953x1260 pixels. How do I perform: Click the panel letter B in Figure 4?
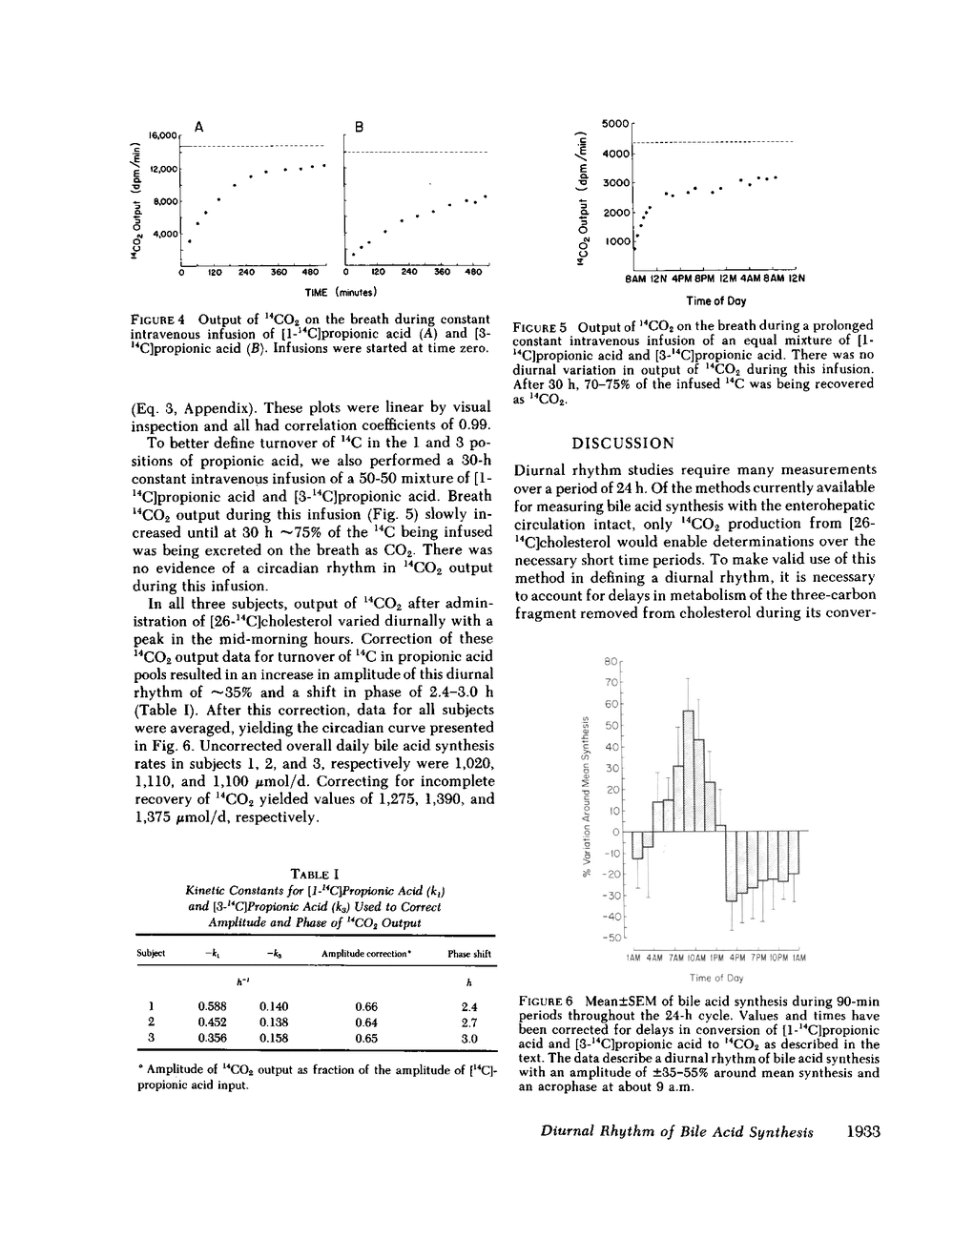pos(359,126)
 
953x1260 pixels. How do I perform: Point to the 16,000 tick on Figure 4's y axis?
pos(163,136)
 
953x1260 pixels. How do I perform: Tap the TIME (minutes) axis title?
pos(341,291)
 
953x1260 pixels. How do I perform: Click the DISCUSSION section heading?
pos(622,444)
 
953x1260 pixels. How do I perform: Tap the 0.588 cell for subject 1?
pos(211,1006)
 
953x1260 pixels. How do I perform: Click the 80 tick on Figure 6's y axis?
pos(611,661)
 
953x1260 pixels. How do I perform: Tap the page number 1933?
pos(861,1132)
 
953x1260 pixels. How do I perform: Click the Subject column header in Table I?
pos(152,954)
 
